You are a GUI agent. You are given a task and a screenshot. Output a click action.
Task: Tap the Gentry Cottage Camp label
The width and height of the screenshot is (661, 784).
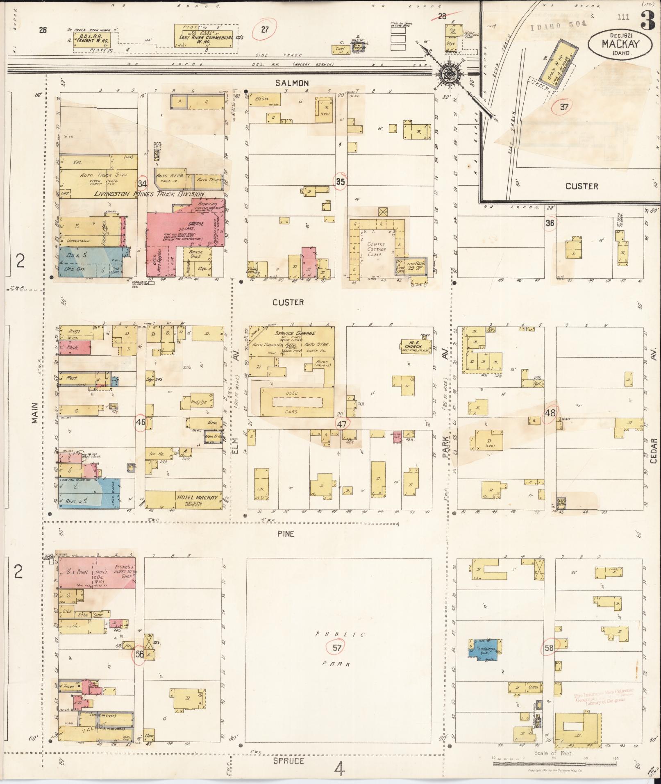[376, 249]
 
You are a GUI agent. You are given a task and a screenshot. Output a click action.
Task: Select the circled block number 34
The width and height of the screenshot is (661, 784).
[142, 183]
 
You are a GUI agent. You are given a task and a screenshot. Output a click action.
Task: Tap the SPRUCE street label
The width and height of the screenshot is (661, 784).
[289, 761]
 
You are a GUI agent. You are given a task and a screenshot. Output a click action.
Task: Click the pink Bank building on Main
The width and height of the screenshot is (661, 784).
[74, 348]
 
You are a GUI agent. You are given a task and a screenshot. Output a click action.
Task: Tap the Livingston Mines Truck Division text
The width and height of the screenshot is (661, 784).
[149, 194]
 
